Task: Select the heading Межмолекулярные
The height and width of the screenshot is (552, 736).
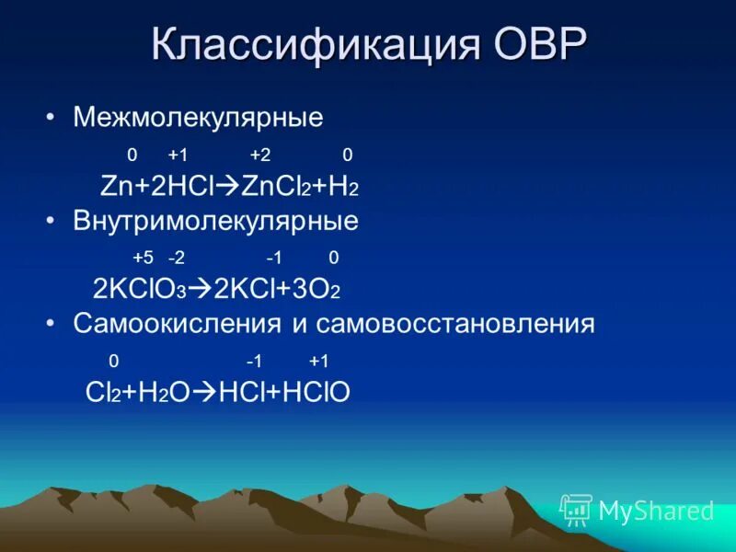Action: [199, 118]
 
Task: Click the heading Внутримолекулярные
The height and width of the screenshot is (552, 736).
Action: [216, 222]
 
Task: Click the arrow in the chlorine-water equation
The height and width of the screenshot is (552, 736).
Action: [204, 393]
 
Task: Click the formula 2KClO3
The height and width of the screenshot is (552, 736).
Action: [140, 290]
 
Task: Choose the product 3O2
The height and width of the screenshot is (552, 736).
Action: [318, 290]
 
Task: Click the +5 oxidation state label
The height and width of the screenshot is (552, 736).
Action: [143, 259]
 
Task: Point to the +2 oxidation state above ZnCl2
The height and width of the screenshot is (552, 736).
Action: [259, 155]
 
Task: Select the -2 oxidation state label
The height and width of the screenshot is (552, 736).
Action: [176, 259]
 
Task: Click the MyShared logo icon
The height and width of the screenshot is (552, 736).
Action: [576, 510]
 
